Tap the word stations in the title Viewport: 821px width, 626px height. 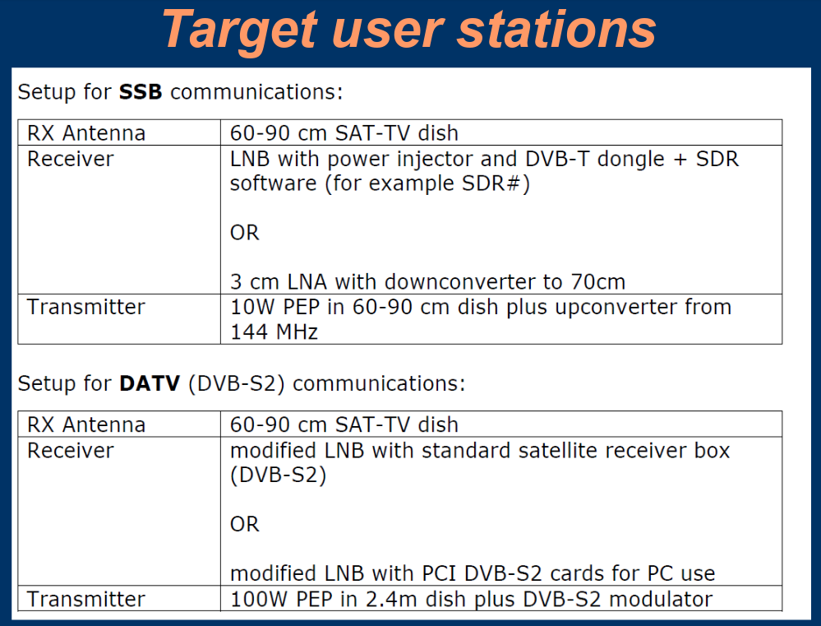tap(556, 30)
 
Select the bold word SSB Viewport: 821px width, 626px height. tap(141, 92)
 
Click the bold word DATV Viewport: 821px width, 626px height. tap(150, 384)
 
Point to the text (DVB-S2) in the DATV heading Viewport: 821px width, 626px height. tap(236, 384)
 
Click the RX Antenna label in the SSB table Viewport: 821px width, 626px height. tap(86, 133)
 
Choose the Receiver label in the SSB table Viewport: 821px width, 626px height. tap(71, 159)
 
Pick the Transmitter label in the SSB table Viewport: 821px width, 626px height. tap(86, 307)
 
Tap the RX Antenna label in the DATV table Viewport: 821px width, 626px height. tap(86, 424)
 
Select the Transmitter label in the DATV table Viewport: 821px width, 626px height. tap(86, 599)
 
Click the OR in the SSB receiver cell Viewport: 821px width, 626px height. tap(245, 233)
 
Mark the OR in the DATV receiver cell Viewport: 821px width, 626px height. tap(245, 524)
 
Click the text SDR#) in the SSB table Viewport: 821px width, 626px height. tap(496, 184)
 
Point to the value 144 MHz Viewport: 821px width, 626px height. tap(274, 332)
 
